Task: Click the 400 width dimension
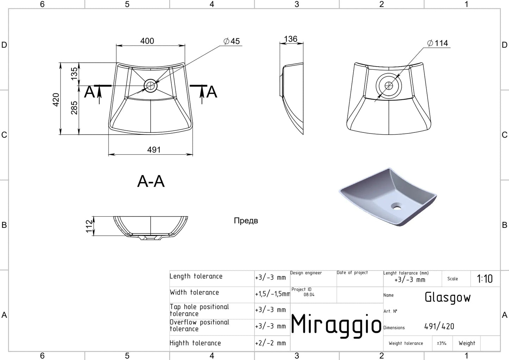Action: [147, 41]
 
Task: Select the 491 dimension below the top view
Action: [154, 150]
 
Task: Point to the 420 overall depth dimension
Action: [56, 100]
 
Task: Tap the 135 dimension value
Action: [74, 74]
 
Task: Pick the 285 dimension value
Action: [74, 108]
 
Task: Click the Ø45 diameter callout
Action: [231, 41]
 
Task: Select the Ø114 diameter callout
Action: [437, 43]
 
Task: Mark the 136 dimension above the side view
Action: [291, 39]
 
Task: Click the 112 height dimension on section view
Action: [89, 226]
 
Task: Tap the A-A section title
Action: [151, 181]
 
